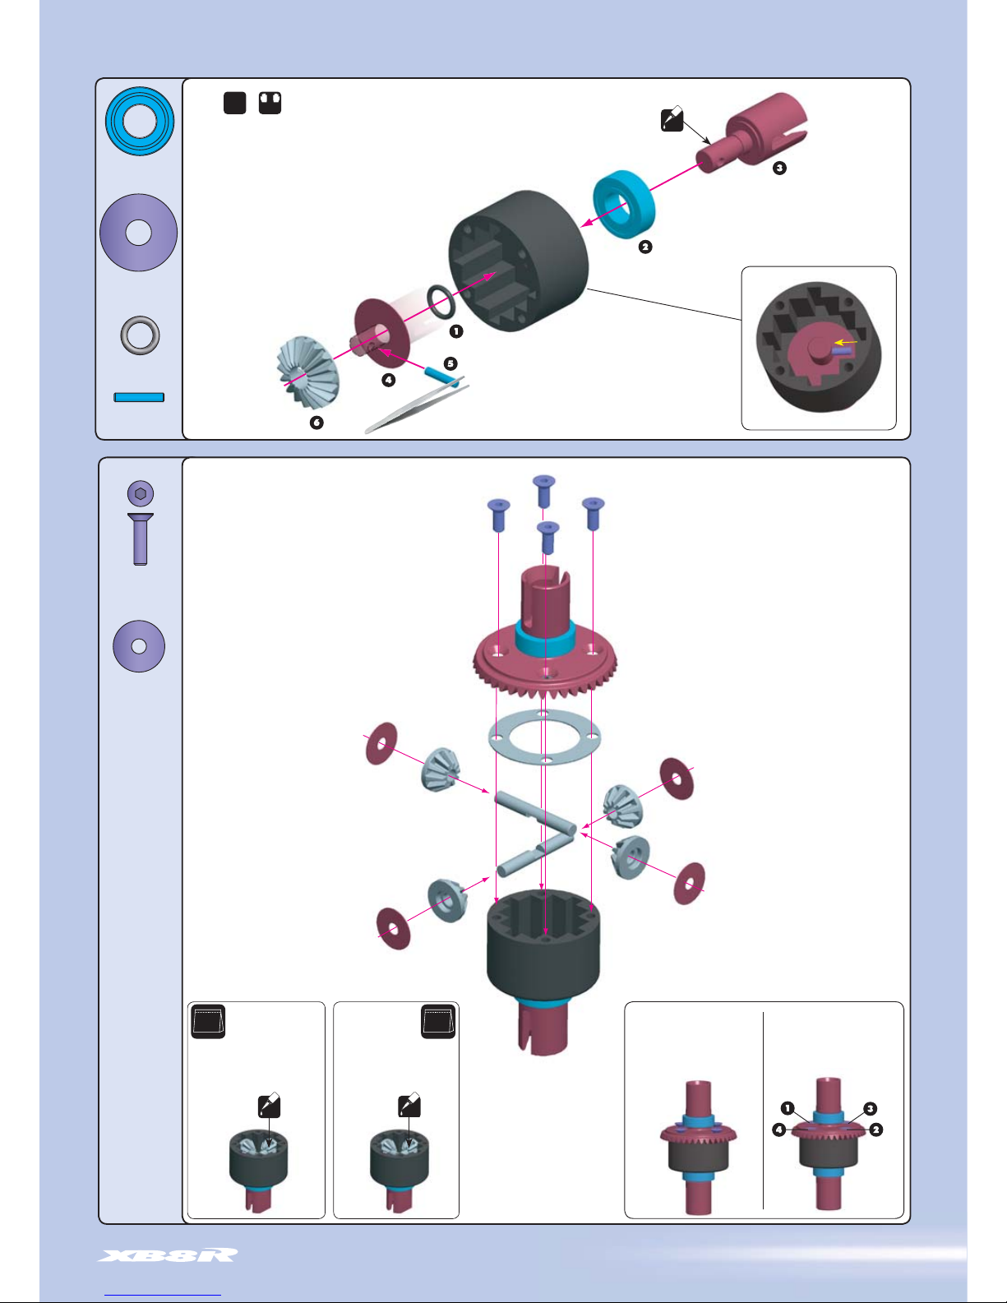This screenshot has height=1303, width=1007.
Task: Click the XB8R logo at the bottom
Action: click(168, 1254)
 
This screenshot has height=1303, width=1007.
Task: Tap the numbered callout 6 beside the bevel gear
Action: click(316, 423)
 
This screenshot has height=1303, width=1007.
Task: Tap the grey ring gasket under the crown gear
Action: click(543, 737)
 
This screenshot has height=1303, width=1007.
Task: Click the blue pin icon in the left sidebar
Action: click(139, 397)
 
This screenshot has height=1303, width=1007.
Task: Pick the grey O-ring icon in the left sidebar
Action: click(140, 335)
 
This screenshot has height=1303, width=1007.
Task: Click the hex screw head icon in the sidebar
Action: click(141, 493)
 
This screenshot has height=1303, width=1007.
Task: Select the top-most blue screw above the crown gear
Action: click(543, 490)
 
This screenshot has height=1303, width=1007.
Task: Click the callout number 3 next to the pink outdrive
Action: click(779, 168)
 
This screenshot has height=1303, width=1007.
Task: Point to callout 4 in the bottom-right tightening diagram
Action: click(778, 1130)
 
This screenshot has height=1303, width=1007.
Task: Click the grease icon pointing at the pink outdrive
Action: click(672, 120)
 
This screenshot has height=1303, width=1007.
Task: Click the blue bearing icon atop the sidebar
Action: click(140, 122)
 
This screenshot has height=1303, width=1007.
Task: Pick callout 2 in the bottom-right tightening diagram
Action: click(876, 1130)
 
